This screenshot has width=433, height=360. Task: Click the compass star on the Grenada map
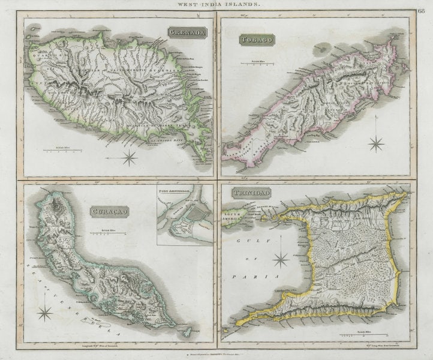pyautogui.click(x=129, y=158)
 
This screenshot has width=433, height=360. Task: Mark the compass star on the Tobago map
pyautogui.click(x=377, y=143)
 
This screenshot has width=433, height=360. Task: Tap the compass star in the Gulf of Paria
pyautogui.click(x=281, y=260)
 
